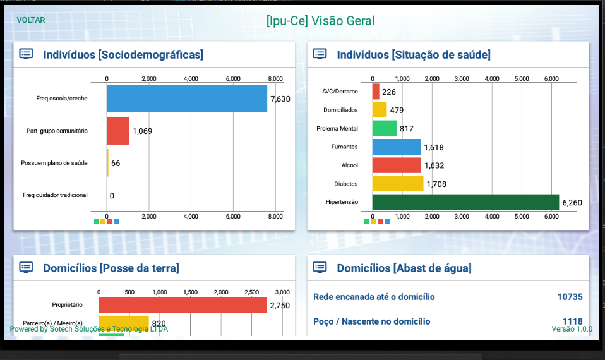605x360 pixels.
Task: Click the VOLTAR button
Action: tap(31, 20)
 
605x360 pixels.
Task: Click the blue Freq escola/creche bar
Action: tap(187, 99)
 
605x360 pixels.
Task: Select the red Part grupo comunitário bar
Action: tap(118, 131)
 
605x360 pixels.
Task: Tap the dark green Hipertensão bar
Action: tap(465, 202)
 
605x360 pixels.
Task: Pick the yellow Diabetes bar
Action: tap(398, 184)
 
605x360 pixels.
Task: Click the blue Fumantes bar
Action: tap(396, 147)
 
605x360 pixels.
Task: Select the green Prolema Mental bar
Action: tap(385, 128)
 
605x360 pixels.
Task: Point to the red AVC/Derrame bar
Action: tap(376, 92)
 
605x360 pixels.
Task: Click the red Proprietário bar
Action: tap(183, 305)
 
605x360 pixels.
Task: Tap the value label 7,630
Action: tap(280, 99)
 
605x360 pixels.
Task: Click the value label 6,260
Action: tap(572, 203)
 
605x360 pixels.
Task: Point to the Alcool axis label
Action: tap(350, 165)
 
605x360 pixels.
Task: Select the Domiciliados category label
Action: tap(340, 110)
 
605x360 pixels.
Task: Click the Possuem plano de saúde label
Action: tap(54, 163)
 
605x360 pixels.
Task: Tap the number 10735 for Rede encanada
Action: tap(570, 297)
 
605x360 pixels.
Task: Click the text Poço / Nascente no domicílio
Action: tap(371, 321)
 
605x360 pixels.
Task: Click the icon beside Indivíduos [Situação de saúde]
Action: tap(320, 54)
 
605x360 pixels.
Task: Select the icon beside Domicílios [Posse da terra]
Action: tap(27, 267)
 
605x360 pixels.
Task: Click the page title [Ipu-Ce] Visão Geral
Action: tap(320, 20)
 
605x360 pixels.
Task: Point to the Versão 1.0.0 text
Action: tap(572, 329)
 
